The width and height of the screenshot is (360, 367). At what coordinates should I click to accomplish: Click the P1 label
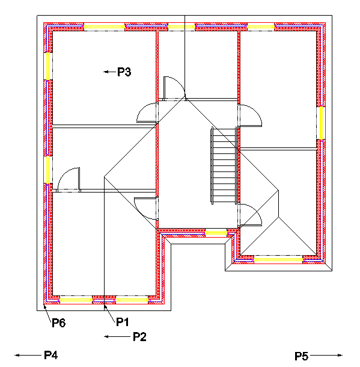tap(123, 322)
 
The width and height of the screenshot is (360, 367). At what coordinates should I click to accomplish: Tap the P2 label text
tap(139, 336)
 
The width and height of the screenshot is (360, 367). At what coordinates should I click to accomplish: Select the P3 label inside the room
tap(124, 72)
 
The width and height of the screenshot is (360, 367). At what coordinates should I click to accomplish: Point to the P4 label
tap(50, 355)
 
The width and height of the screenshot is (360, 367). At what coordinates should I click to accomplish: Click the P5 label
tap(301, 356)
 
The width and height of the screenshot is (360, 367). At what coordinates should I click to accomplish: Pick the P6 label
tap(58, 323)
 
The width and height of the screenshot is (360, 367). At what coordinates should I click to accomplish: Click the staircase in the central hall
tap(222, 165)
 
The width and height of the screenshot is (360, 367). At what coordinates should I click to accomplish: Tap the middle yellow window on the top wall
tap(182, 26)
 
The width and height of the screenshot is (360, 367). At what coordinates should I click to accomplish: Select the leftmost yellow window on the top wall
tap(104, 26)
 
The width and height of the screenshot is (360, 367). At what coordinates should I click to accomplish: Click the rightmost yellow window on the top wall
tap(261, 26)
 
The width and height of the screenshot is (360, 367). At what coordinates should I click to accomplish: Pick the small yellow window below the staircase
tap(216, 232)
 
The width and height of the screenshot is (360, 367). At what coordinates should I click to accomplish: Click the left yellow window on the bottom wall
tap(76, 299)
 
